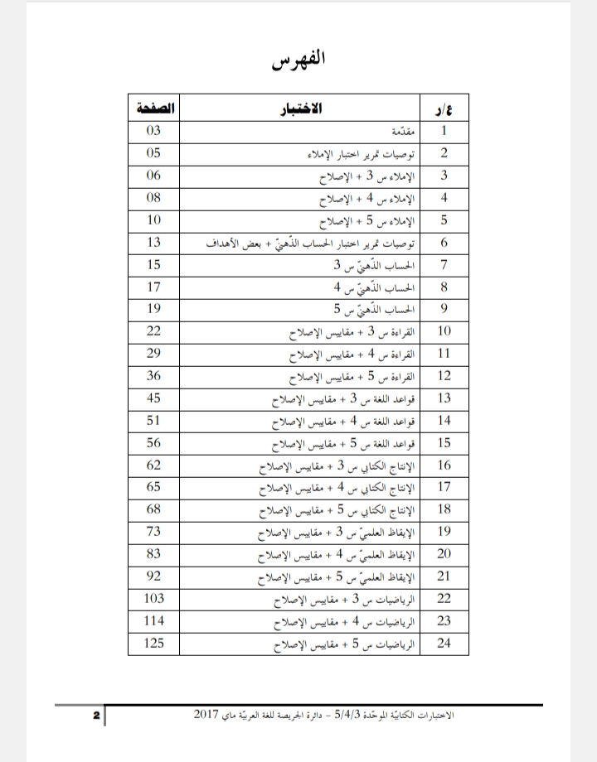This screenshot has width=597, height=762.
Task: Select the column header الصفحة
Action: coord(154,109)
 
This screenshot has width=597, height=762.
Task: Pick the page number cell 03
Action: coord(154,131)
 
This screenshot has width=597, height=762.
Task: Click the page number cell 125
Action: coord(154,643)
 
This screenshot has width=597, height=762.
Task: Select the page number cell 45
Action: coord(154,398)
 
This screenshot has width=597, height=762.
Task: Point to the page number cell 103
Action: coord(154,598)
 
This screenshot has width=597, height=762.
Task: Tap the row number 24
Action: coord(444,643)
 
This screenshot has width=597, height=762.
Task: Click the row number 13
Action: coord(444,398)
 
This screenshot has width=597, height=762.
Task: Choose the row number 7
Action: coord(444,264)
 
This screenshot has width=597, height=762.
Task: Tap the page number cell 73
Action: coord(154,531)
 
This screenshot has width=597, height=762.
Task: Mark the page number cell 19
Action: coord(154,309)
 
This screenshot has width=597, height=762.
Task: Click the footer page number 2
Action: coord(96,715)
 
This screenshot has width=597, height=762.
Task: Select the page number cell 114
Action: coord(154,620)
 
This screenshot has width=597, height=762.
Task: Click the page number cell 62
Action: coord(154,465)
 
